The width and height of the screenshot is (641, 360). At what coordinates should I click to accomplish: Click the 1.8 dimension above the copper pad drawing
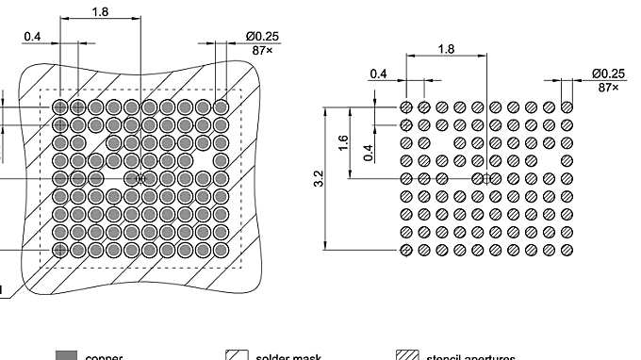(100, 11)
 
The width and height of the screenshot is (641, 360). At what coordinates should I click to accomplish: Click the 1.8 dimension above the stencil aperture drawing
(448, 48)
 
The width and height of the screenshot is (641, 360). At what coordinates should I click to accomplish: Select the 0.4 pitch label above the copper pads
(32, 37)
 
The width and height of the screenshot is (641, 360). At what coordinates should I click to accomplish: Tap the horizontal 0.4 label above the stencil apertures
(378, 73)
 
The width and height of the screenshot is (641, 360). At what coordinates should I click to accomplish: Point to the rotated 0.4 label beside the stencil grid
(369, 151)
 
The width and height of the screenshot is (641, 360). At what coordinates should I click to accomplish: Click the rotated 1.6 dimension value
(344, 142)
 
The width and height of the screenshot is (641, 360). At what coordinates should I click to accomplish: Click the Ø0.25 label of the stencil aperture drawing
(608, 74)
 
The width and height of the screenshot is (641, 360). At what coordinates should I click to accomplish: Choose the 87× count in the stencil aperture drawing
(610, 87)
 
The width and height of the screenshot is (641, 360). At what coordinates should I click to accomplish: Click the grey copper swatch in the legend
(65, 355)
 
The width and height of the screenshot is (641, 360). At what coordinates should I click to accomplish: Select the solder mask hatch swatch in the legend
(235, 355)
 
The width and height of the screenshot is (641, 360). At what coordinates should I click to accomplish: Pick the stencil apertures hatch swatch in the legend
(406, 355)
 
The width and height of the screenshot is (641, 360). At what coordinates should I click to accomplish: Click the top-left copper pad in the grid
(60, 106)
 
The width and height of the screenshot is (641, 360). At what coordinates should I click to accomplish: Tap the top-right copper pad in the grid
(222, 106)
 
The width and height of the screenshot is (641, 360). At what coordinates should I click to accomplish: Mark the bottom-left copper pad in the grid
(60, 250)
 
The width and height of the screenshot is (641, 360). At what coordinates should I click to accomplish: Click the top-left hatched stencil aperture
(406, 106)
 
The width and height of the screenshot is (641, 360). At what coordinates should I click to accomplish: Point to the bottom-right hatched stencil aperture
(567, 250)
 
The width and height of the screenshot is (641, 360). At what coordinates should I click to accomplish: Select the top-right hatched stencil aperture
(567, 106)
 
